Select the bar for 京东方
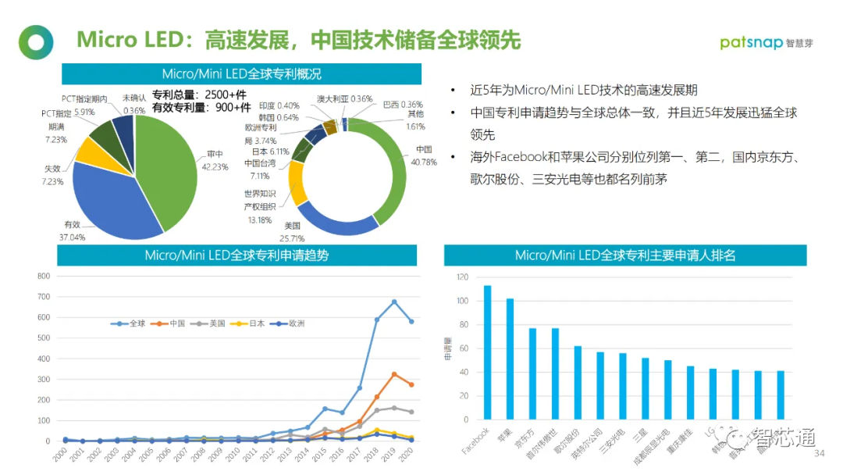532,372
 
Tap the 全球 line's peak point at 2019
394,302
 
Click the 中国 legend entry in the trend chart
173,323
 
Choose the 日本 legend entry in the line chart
251,323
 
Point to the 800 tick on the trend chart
44,276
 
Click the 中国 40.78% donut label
423,155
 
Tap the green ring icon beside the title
36,42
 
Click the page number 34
820,454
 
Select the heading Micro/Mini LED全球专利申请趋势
237,255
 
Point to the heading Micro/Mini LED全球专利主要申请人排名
624,255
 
